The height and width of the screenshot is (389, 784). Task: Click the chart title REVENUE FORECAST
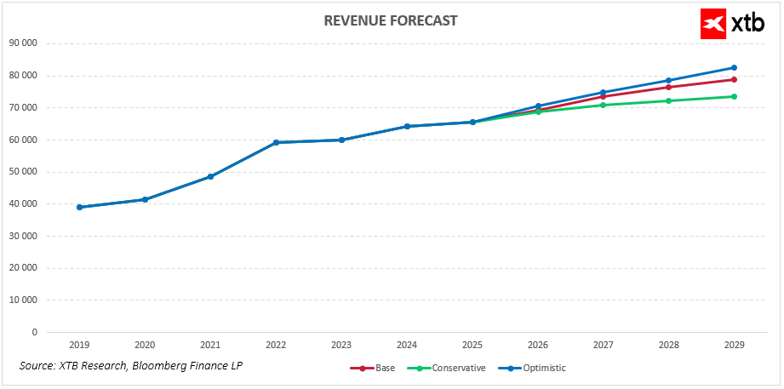pos(391,20)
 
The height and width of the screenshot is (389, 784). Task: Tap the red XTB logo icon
pos(712,24)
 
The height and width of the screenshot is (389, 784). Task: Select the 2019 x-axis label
pos(79,346)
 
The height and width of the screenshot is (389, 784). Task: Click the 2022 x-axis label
pos(276,346)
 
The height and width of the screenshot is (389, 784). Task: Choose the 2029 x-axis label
pos(734,346)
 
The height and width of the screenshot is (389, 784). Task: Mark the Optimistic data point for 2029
pos(734,68)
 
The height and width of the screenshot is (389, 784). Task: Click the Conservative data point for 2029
pos(734,96)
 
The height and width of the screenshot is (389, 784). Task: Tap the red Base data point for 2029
pos(734,80)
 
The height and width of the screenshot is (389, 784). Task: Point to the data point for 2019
pos(79,207)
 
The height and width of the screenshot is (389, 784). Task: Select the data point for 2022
pos(276,142)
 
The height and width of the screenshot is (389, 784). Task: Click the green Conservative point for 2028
pos(668,100)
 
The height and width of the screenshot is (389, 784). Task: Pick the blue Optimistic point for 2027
pos(603,93)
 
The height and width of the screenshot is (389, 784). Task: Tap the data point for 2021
pos(210,176)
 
